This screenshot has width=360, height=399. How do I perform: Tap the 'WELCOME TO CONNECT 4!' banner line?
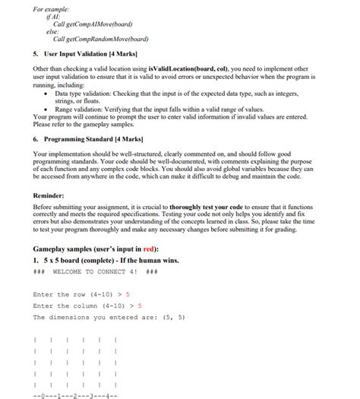click(x=95, y=272)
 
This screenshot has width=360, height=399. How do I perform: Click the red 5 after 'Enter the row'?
click(x=128, y=294)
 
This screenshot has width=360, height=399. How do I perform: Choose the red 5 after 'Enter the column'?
click(x=140, y=306)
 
